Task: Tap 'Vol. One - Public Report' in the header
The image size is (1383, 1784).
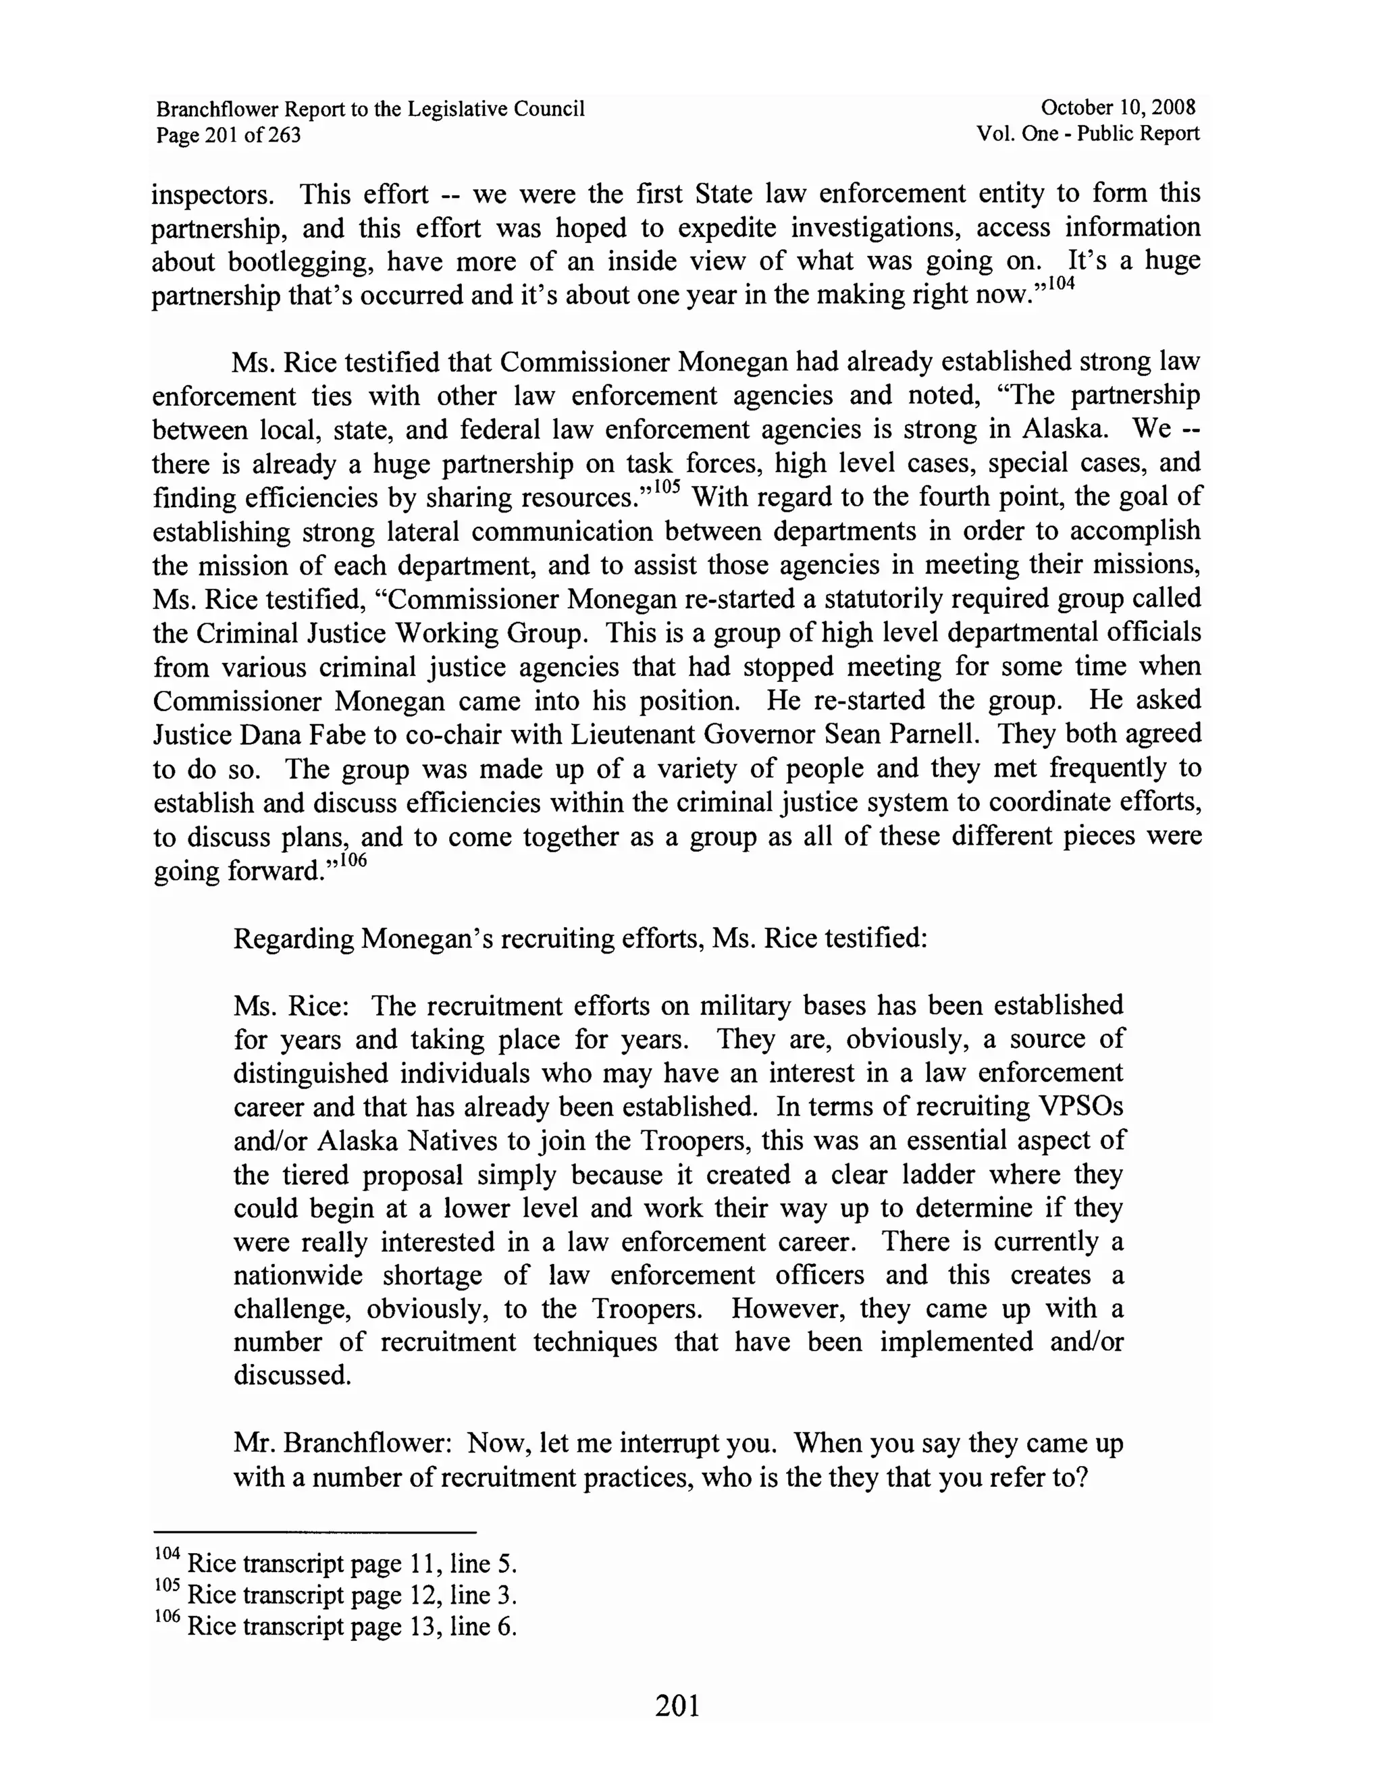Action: pyautogui.click(x=1087, y=134)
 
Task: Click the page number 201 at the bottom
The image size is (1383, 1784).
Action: pyautogui.click(x=677, y=1706)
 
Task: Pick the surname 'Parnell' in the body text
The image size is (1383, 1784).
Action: pyautogui.click(x=929, y=735)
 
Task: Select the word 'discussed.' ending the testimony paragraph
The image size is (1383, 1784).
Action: pyautogui.click(x=292, y=1376)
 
